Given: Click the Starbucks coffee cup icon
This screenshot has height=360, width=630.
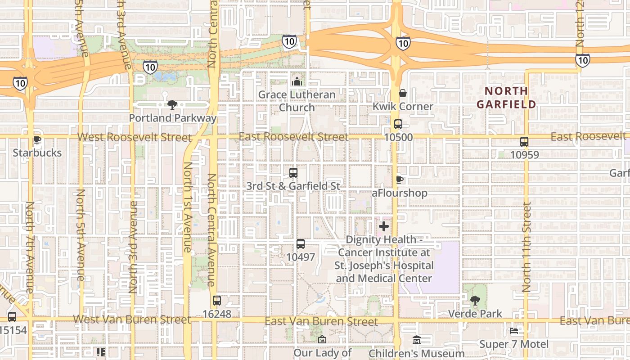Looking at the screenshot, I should tap(37, 140).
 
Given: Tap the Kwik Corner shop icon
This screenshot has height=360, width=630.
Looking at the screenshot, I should tap(403, 93).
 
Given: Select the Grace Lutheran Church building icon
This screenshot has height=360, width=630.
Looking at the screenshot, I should tap(297, 81).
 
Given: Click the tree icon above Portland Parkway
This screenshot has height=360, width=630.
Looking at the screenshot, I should tap(172, 105).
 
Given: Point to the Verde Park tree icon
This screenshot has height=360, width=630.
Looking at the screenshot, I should tap(475, 300).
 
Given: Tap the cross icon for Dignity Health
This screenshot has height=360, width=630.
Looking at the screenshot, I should tap(384, 226).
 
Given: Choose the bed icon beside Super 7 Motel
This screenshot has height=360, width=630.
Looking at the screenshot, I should tap(514, 331).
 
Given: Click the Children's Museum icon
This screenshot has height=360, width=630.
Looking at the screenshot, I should tap(417, 340).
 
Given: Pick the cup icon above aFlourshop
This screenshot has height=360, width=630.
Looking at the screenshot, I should tap(399, 180).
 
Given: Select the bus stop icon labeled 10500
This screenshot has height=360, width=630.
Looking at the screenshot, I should tap(398, 124).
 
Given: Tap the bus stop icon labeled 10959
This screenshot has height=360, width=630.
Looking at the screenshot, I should tap(524, 142).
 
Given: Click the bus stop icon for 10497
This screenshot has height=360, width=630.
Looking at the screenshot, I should tap(301, 244).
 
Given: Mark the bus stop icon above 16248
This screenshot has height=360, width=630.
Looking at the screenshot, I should tap(217, 300).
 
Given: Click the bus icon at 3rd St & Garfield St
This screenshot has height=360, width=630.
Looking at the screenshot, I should tap(293, 172).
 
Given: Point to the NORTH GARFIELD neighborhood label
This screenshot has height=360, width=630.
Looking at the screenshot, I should tap(506, 98).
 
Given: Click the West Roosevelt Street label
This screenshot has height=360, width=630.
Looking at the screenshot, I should tap(134, 137).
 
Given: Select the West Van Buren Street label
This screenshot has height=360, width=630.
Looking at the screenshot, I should tap(132, 320).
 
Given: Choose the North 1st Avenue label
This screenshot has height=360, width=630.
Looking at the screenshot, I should tap(187, 207).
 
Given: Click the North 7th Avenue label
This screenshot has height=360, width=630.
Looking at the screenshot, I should tap(30, 247).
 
